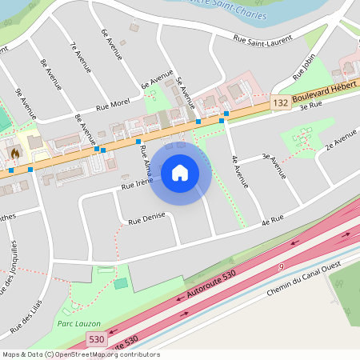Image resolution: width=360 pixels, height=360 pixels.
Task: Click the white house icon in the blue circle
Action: [x=180, y=172]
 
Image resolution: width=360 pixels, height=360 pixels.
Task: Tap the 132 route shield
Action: [x=279, y=103]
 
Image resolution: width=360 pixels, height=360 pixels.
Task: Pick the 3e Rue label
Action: [x=310, y=105]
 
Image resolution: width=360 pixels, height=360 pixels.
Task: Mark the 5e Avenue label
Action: [x=185, y=92]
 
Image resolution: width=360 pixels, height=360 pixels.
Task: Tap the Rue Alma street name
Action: [x=145, y=160]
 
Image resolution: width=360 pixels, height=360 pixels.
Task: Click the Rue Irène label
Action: [x=137, y=185]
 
